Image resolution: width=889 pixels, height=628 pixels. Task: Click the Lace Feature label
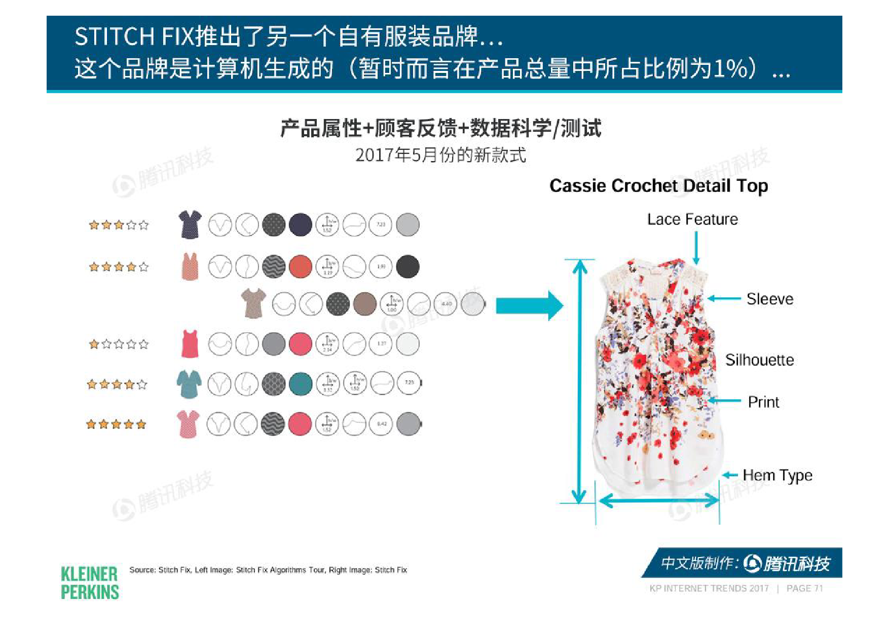pos(692,219)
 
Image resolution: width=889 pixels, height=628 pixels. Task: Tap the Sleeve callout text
pos(769,299)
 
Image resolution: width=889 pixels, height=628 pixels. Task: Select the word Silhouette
pos(759,360)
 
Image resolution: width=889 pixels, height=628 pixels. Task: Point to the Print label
pos(763,402)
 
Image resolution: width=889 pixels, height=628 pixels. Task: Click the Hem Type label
pos(777,476)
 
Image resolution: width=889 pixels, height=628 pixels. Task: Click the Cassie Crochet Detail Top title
pos(658,186)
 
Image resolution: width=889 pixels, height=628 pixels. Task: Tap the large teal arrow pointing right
pos(529,305)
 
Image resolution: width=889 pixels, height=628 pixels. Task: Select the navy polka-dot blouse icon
pos(190,224)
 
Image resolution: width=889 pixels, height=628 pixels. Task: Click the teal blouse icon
pos(189,384)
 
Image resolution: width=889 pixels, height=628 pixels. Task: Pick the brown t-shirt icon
pos(253,303)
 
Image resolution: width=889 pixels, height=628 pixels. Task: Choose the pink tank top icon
pos(190,344)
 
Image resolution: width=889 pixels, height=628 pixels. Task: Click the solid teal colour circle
pos(301,384)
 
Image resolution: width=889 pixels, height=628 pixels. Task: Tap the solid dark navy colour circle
pos(301,225)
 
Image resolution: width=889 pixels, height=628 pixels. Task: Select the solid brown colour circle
pos(364,304)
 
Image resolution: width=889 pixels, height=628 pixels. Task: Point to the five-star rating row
pos(116,424)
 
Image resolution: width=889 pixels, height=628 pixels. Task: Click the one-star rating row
pos(119,344)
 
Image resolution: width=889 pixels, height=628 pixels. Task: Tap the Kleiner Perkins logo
pos(90,583)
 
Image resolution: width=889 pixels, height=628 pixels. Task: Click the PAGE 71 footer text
pos(804,588)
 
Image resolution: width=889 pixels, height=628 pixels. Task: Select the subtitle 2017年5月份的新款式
pos(440,155)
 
